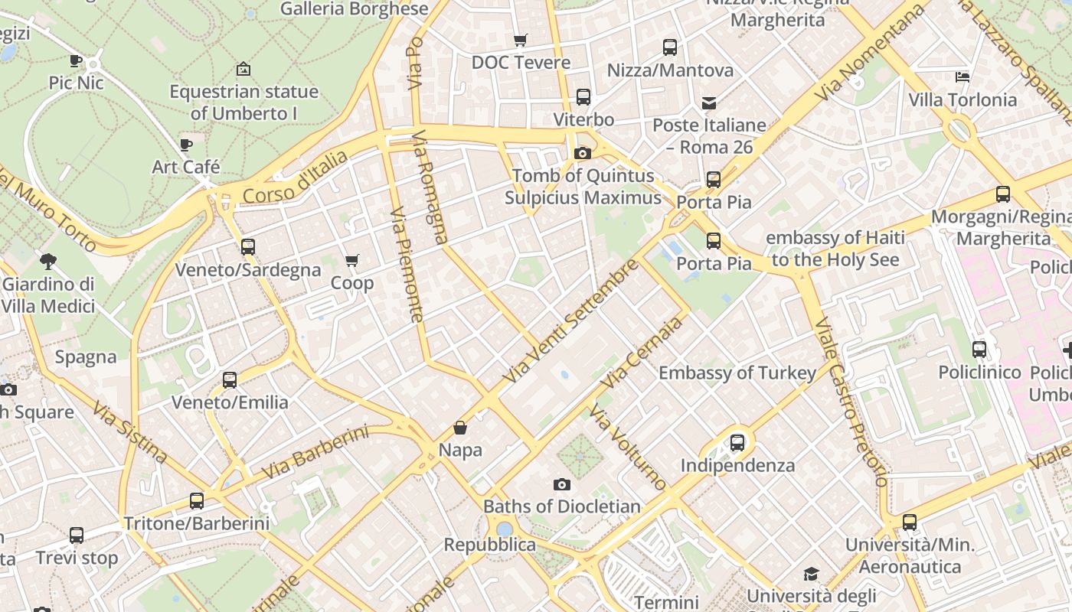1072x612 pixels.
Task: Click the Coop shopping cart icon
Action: pyautogui.click(x=352, y=261)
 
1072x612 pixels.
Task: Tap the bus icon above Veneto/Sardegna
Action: pyautogui.click(x=247, y=247)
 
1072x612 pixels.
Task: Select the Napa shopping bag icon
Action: pyautogui.click(x=460, y=428)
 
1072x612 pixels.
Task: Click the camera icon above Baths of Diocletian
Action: pyautogui.click(x=562, y=484)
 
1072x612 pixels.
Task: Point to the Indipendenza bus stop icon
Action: pyautogui.click(x=737, y=442)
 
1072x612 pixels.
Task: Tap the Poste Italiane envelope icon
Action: pyautogui.click(x=709, y=103)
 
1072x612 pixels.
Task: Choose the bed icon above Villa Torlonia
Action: pyautogui.click(x=963, y=76)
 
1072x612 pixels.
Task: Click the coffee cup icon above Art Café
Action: pyautogui.click(x=185, y=145)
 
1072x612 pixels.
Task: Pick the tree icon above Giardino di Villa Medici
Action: pyautogui.click(x=48, y=262)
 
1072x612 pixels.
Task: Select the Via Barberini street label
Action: pyautogui.click(x=315, y=453)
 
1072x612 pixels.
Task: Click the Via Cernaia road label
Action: pyautogui.click(x=642, y=352)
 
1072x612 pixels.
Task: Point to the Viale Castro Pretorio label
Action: pyautogui.click(x=851, y=402)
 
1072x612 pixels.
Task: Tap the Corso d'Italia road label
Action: pyautogui.click(x=295, y=177)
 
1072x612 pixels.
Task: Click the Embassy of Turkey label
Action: pyautogui.click(x=737, y=373)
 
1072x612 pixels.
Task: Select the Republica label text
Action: pyautogui.click(x=490, y=545)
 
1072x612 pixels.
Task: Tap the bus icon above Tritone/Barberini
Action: pyautogui.click(x=197, y=501)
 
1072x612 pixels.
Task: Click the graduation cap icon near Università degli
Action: pyautogui.click(x=811, y=574)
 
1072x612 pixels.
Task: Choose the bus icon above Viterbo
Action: pyautogui.click(x=583, y=97)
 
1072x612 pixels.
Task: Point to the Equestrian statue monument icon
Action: pyautogui.click(x=243, y=69)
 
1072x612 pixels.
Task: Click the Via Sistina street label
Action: pyautogui.click(x=130, y=432)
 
